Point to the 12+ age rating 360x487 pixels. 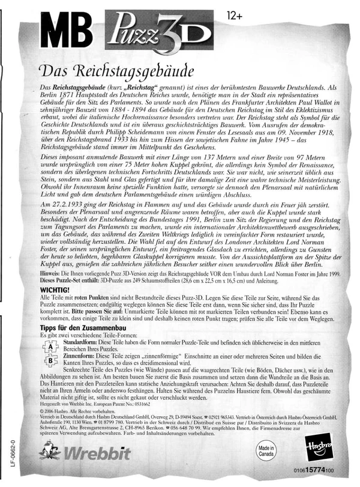pos(235,16)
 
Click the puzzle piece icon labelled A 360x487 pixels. pos(52,345)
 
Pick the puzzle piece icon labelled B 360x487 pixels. pos(52,361)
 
